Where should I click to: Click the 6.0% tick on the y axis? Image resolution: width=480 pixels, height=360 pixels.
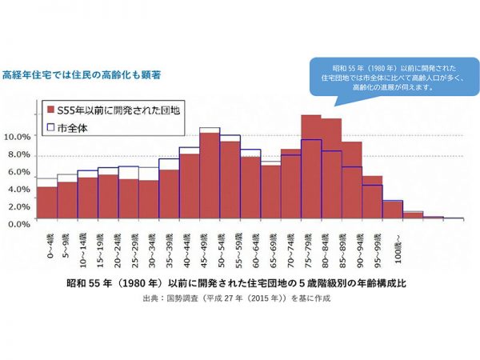[x=19, y=172]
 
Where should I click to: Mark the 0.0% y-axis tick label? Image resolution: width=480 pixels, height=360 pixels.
[x=19, y=223]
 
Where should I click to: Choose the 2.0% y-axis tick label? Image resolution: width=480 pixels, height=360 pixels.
[x=19, y=206]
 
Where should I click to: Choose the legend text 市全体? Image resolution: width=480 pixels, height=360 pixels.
[x=74, y=125]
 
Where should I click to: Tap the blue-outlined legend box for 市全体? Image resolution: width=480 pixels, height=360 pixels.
[x=50, y=125]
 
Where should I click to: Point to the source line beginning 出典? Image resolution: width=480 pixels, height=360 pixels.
[x=239, y=298]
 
